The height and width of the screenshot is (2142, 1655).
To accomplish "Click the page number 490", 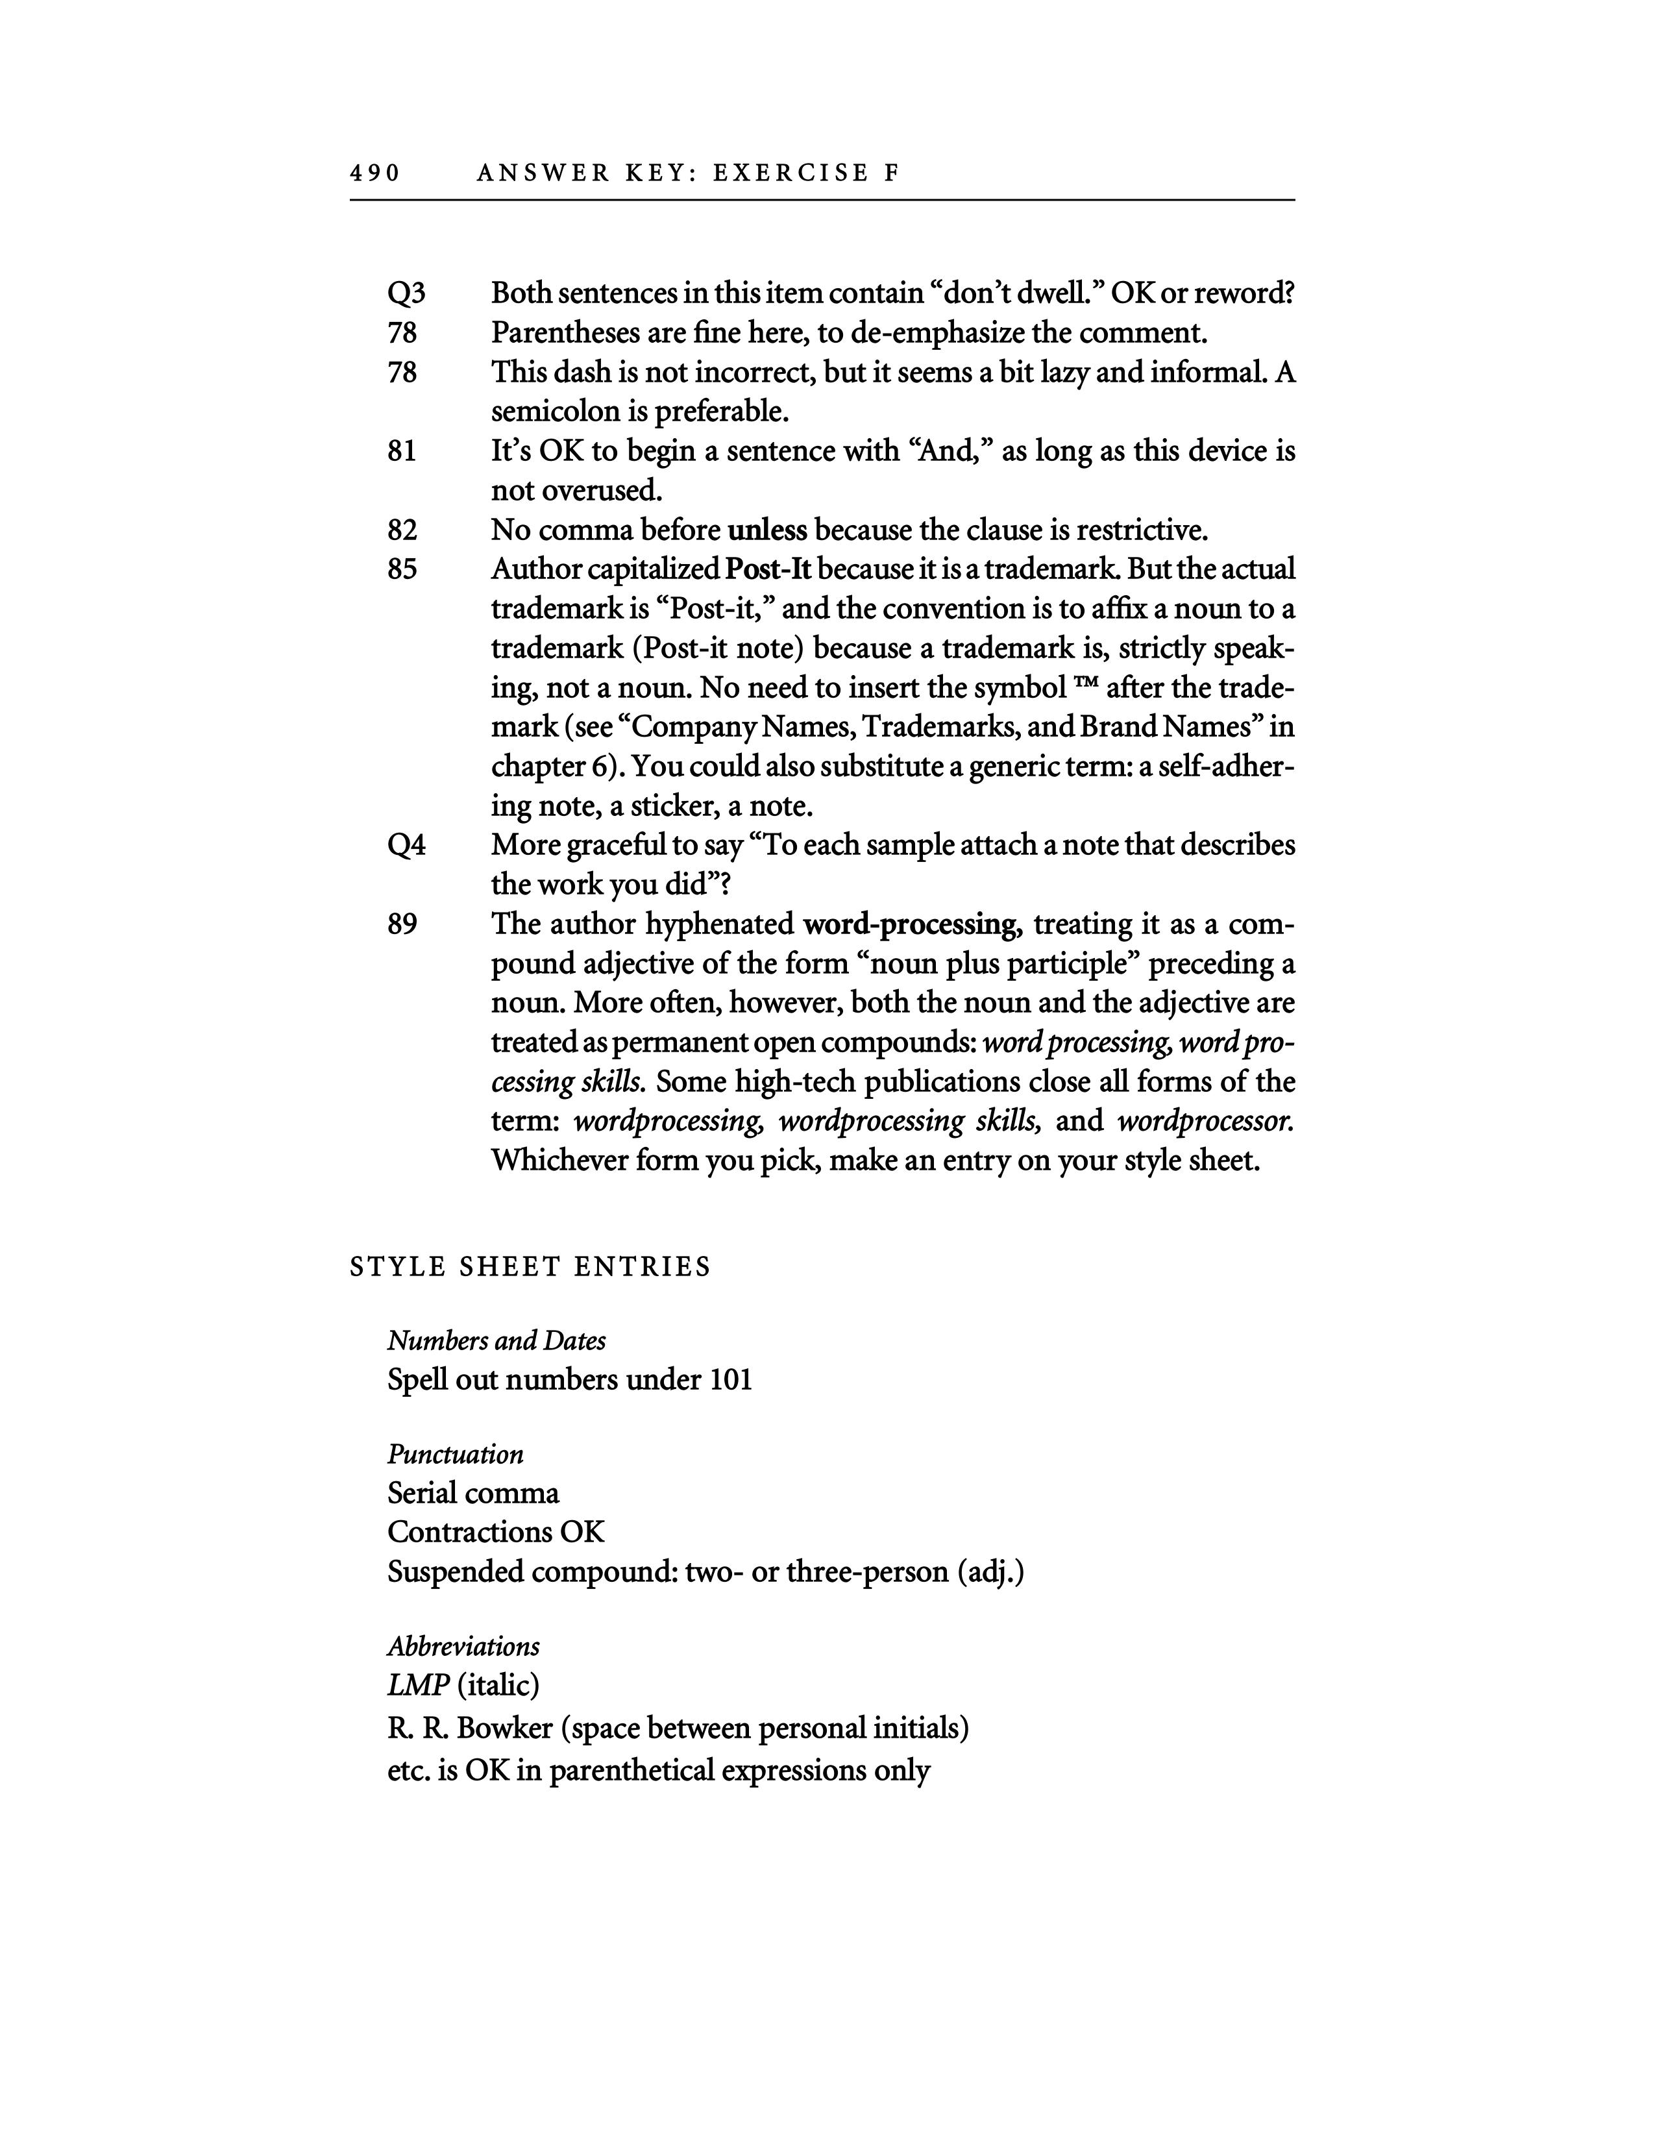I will (374, 173).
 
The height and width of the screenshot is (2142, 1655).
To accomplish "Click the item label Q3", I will (406, 293).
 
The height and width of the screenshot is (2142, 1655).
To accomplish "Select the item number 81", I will (402, 451).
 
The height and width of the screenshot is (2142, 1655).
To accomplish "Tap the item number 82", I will (402, 530).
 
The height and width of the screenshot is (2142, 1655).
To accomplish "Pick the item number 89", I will (402, 924).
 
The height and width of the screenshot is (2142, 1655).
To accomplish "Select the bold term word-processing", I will (909, 924).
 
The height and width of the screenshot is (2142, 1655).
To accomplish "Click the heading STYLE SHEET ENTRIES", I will (530, 1267).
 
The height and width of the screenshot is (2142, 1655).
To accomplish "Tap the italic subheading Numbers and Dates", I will (496, 1341).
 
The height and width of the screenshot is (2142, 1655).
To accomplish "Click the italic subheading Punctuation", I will (455, 1453).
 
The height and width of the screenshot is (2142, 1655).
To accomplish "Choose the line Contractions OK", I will (496, 1532).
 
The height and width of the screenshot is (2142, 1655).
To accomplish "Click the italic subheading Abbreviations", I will (463, 1645).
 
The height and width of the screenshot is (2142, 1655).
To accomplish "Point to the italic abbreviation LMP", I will (419, 1685).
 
